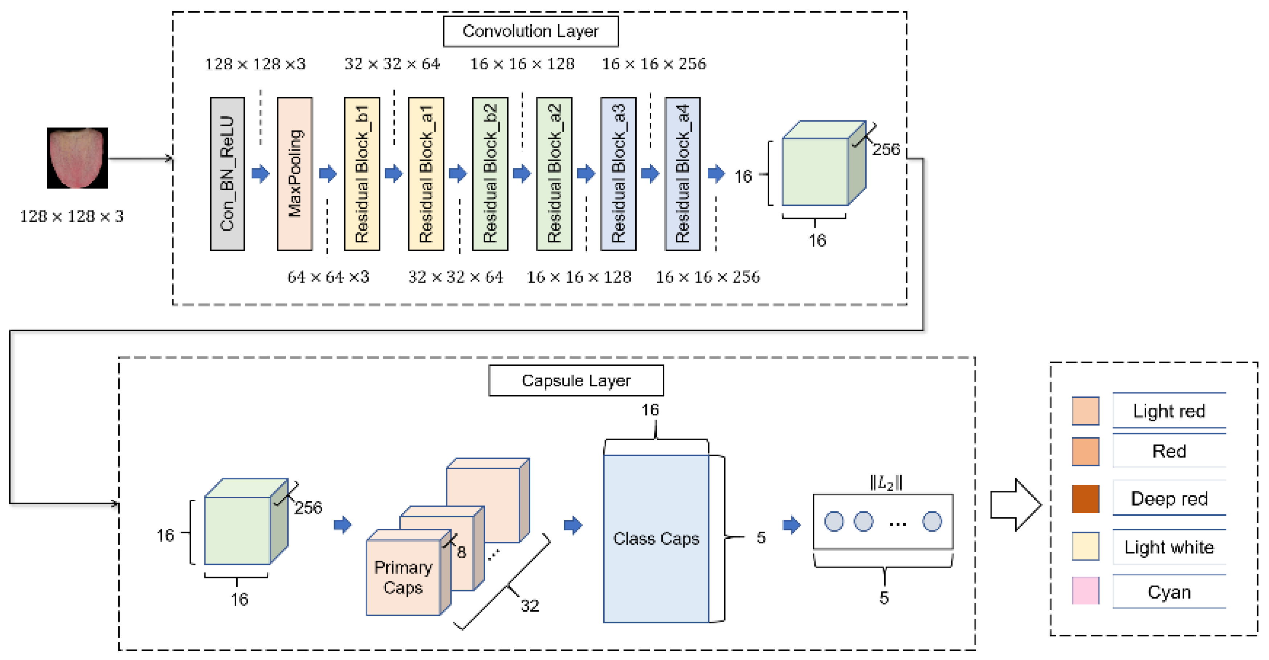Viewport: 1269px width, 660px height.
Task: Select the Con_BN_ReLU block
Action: coord(227,174)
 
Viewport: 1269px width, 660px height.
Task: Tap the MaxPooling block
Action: coord(295,174)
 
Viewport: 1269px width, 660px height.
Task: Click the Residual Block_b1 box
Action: coord(362,174)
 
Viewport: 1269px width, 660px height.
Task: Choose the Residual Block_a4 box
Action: coord(682,174)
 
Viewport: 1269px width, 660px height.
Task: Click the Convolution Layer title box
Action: coord(531,32)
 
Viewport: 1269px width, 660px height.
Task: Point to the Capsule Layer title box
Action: coord(576,380)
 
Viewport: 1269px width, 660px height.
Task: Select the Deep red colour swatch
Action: coord(1085,499)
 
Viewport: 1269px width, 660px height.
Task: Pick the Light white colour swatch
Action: coord(1085,546)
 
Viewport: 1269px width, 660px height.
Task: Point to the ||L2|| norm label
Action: coord(886,483)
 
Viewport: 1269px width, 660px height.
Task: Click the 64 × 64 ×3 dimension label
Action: coord(328,277)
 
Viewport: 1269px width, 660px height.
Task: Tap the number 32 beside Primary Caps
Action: coord(530,605)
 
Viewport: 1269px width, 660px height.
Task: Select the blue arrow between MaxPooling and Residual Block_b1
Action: coord(327,173)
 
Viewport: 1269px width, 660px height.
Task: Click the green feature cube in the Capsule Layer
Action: coord(237,530)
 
